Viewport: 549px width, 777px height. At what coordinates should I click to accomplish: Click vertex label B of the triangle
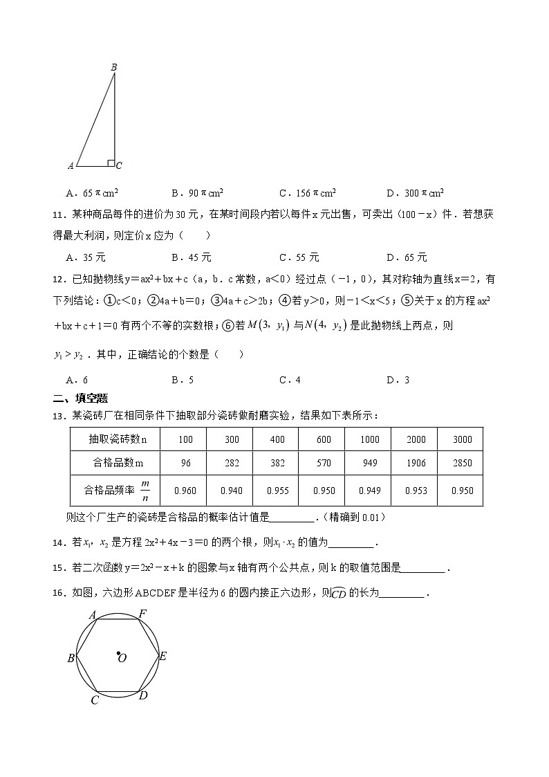point(114,66)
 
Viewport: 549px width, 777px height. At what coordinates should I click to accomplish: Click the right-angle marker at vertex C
point(111,163)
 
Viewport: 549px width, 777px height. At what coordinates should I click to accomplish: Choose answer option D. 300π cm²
point(415,193)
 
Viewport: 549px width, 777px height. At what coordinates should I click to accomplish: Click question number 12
point(57,280)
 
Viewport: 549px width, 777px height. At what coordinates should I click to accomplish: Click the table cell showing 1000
point(369,439)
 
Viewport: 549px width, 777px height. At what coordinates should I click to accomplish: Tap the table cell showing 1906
point(416,463)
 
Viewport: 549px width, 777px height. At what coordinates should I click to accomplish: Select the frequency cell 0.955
point(277,491)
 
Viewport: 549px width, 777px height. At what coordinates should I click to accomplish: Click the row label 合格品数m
point(114,463)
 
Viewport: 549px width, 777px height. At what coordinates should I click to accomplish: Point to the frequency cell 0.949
point(369,491)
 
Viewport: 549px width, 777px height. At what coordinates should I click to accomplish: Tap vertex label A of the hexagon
point(92,614)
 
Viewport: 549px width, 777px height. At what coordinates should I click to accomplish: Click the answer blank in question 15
point(423,570)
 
